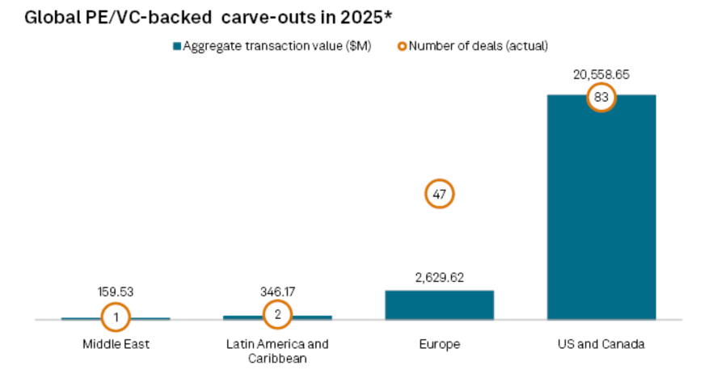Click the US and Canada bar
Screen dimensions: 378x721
click(601, 218)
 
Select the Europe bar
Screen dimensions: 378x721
click(439, 304)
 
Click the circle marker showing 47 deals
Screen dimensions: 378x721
click(440, 194)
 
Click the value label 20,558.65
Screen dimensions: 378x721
click(601, 74)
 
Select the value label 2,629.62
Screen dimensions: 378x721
click(439, 276)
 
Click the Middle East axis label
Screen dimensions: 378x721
click(116, 344)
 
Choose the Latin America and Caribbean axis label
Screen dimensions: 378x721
click(277, 351)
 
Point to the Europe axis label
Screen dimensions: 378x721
click(439, 344)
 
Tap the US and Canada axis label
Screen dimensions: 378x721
click(601, 344)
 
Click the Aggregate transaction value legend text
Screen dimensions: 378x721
click(277, 46)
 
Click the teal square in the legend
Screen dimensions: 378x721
click(177, 46)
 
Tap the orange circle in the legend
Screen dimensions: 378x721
click(402, 46)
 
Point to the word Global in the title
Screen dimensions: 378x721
click(52, 17)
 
